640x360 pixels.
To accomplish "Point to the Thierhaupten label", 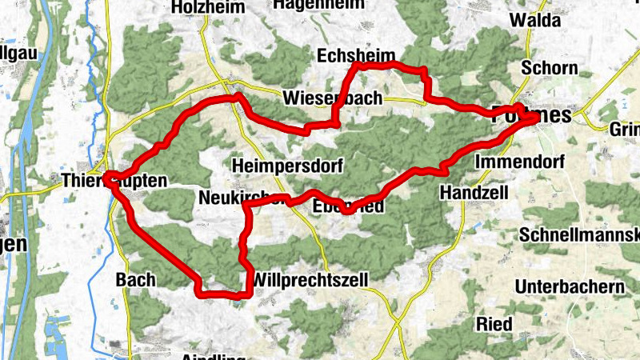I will tap(115, 182).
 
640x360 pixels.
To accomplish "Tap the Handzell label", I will tap(473, 194).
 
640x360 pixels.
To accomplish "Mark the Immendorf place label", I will tap(519, 162).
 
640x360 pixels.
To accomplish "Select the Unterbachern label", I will tap(570, 286).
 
